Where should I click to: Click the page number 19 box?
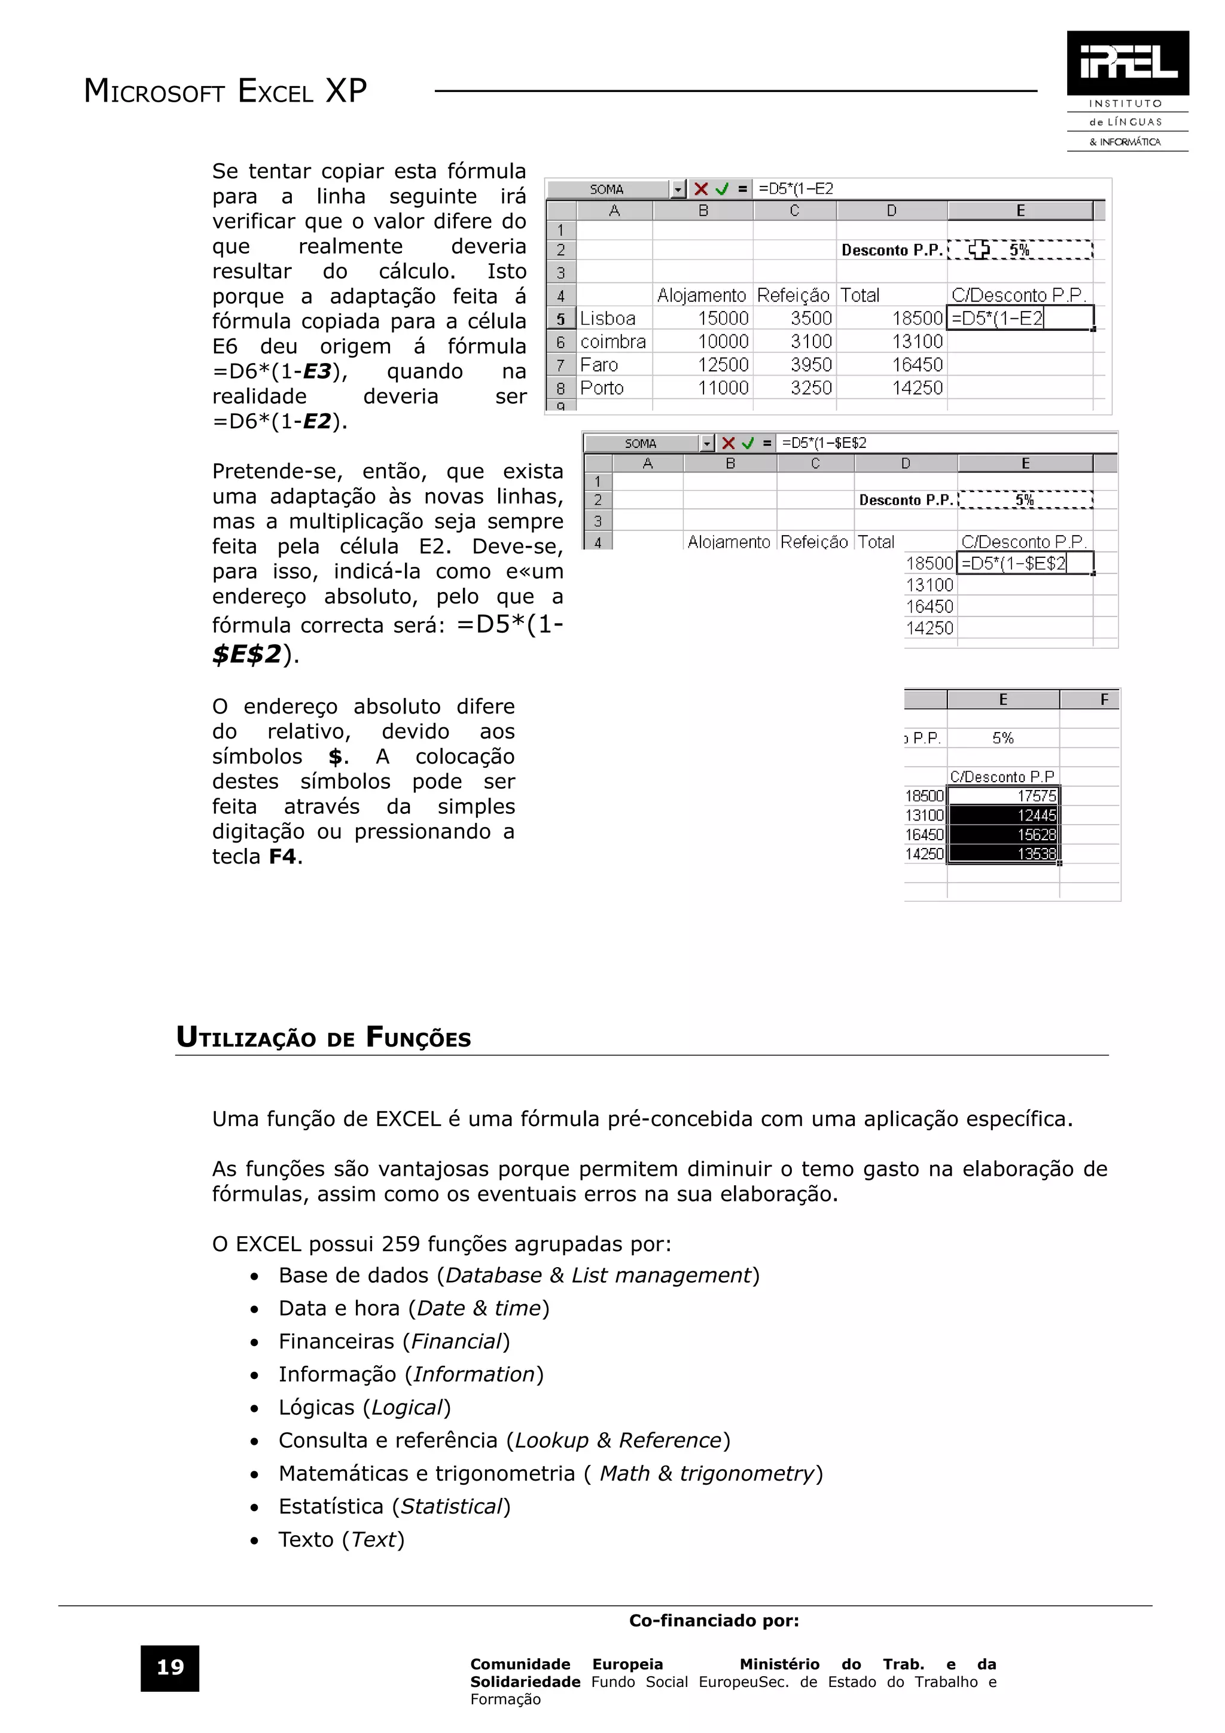(170, 1667)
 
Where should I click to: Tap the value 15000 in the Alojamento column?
(723, 319)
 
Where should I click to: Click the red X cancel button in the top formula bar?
(701, 189)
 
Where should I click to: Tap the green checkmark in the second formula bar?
(747, 443)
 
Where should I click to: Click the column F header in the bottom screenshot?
(1104, 700)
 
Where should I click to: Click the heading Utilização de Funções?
(323, 1037)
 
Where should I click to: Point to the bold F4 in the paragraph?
(282, 857)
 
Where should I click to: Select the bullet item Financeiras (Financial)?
(394, 1341)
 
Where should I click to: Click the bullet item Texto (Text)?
(341, 1539)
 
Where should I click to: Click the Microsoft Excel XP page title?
(225, 91)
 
